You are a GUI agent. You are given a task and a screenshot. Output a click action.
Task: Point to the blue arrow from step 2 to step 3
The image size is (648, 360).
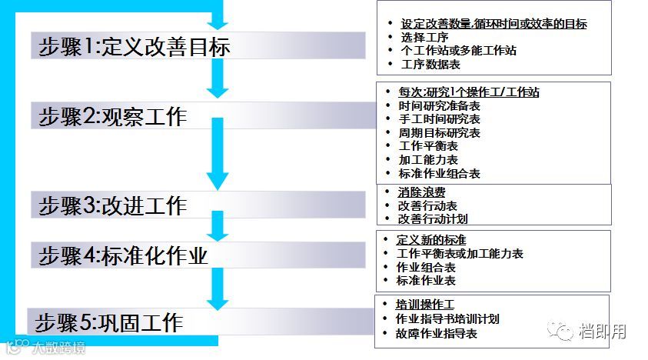tap(218, 154)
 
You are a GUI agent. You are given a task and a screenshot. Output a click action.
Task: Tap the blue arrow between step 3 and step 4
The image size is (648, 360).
tap(218, 226)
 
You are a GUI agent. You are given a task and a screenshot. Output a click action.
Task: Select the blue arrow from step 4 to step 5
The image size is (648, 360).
tap(218, 287)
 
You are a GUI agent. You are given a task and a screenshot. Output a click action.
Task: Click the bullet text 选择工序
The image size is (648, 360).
tap(424, 37)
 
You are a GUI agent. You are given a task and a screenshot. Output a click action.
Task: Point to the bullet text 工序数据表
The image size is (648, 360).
tap(430, 65)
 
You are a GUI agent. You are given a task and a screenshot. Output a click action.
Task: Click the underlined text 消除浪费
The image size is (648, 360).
tap(421, 192)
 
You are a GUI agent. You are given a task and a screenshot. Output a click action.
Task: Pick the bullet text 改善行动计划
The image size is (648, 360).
tap(433, 218)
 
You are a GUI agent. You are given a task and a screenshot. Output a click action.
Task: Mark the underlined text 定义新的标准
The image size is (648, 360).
tap(431, 240)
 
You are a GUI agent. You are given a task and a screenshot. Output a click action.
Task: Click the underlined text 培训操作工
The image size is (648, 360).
tap(425, 305)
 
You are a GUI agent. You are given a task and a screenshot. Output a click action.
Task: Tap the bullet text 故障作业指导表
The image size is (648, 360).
tap(437, 334)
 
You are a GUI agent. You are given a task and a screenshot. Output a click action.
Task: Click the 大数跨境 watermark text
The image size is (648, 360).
tap(58, 348)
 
